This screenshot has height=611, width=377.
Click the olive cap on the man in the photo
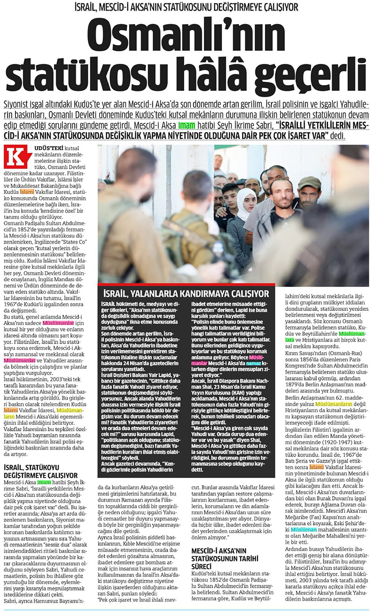tap(309, 183)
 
